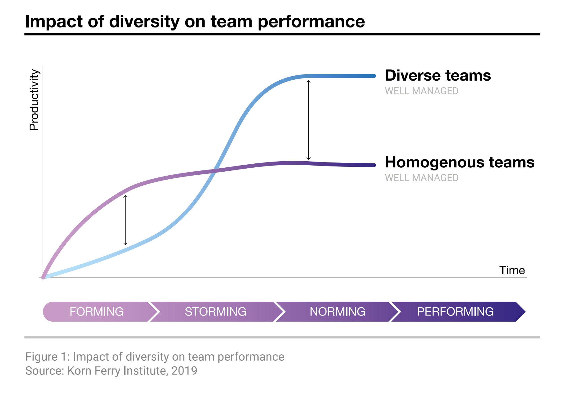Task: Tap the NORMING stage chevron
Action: pyautogui.click(x=338, y=312)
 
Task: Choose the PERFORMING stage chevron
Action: pyautogui.click(x=458, y=312)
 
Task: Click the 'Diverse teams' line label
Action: pyautogui.click(x=438, y=75)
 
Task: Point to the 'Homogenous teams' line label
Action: pyautogui.click(x=460, y=162)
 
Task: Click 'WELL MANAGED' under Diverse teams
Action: pyautogui.click(x=422, y=91)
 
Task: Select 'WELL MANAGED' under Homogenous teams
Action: pyautogui.click(x=422, y=178)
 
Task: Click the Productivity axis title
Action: pyautogui.click(x=34, y=100)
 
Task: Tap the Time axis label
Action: pyautogui.click(x=512, y=270)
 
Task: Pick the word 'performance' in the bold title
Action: pyautogui.click(x=311, y=22)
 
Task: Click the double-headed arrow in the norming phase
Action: pyautogui.click(x=309, y=120)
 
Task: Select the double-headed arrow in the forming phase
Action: pyautogui.click(x=125, y=220)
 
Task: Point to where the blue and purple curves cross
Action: pyautogui.click(x=216, y=170)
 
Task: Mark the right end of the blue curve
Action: pyautogui.click(x=374, y=76)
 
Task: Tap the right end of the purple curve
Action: pyautogui.click(x=374, y=165)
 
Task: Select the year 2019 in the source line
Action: pyautogui.click(x=184, y=371)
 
